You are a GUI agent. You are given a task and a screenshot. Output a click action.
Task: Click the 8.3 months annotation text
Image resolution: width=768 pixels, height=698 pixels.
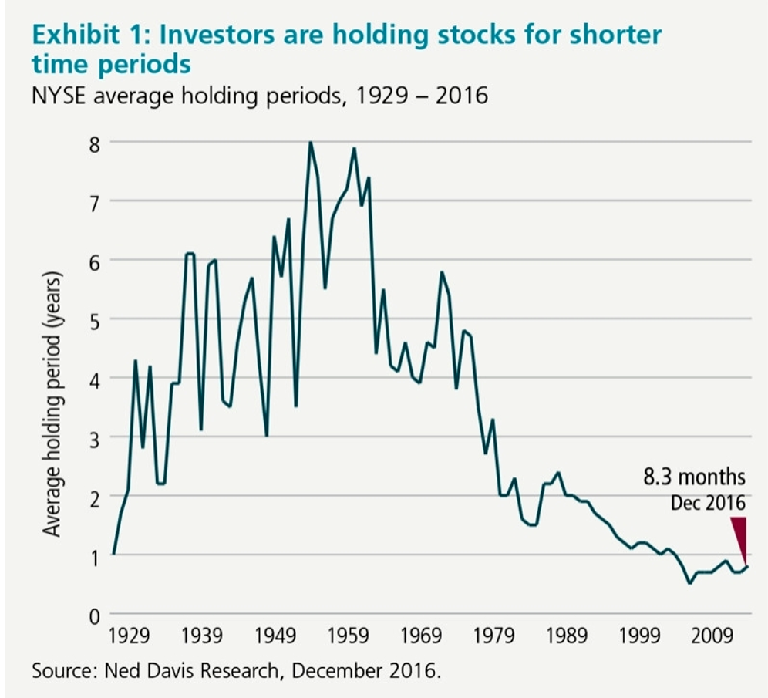(694, 477)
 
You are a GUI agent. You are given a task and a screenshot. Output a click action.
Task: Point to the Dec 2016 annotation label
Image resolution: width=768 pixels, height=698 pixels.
(708, 503)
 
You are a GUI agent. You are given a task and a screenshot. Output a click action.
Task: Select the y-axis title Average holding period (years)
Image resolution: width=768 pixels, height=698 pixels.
(52, 404)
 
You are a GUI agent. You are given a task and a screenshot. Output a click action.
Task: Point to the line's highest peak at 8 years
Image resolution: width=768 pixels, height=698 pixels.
(310, 143)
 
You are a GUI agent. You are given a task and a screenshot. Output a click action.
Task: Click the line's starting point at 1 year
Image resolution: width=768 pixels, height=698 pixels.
(113, 554)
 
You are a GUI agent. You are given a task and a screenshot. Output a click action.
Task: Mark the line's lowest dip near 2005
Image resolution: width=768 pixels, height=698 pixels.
(689, 584)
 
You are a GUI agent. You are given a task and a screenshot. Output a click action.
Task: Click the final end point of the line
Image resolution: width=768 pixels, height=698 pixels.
(747, 567)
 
